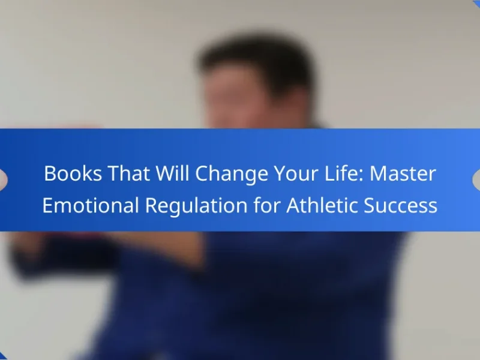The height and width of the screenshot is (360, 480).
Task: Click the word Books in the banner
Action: [73, 173]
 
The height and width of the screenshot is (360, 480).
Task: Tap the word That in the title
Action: [128, 173]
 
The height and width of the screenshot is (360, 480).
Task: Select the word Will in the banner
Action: [172, 173]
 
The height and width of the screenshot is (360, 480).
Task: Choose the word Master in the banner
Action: [403, 173]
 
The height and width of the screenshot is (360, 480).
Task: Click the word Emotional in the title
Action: [91, 205]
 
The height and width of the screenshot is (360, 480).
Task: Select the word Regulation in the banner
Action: [196, 206]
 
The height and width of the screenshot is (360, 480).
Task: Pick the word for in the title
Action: [267, 205]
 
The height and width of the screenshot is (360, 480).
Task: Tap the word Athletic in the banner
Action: [322, 205]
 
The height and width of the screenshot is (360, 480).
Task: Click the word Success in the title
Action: [401, 205]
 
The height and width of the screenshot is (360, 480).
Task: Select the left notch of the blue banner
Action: [3, 179]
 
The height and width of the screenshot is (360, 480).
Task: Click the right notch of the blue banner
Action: [476, 179]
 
